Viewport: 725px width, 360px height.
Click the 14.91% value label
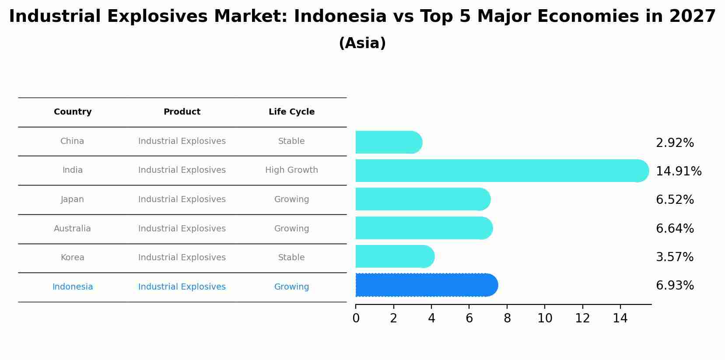[679, 171]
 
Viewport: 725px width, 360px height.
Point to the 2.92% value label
[675, 143]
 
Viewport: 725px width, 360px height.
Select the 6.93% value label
[675, 286]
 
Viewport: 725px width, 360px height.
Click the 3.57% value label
[675, 257]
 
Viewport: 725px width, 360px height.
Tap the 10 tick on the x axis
[545, 318]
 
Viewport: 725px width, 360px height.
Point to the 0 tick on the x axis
[356, 318]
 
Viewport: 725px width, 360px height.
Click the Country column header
[73, 112]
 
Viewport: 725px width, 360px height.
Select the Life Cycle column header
[291, 112]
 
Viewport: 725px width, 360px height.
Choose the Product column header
[182, 112]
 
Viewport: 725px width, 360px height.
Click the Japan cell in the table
[72, 199]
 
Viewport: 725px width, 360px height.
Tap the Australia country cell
[72, 229]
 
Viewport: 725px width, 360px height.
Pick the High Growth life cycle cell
[291, 170]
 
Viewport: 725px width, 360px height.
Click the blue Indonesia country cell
[73, 287]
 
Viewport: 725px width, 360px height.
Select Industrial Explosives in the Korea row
[182, 258]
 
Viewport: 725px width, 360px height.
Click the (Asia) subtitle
[362, 43]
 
